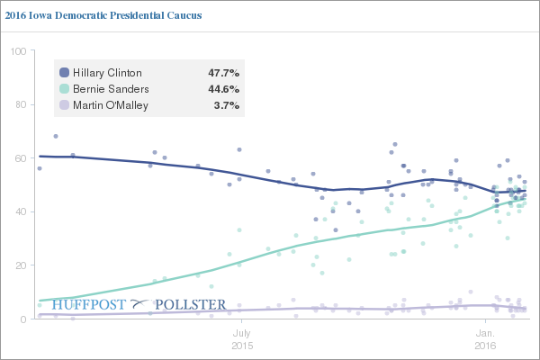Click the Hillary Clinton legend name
[106, 72]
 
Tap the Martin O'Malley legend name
[112, 105]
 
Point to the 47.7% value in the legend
[224, 72]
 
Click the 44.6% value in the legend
[224, 88]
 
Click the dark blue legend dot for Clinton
[63, 72]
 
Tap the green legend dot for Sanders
[63, 88]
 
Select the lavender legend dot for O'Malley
[63, 105]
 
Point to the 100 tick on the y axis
[16, 51]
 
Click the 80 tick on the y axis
[19, 104]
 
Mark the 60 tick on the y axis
[19, 158]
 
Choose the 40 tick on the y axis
[19, 212]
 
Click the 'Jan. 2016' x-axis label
[485, 338]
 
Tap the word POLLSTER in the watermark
[191, 305]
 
